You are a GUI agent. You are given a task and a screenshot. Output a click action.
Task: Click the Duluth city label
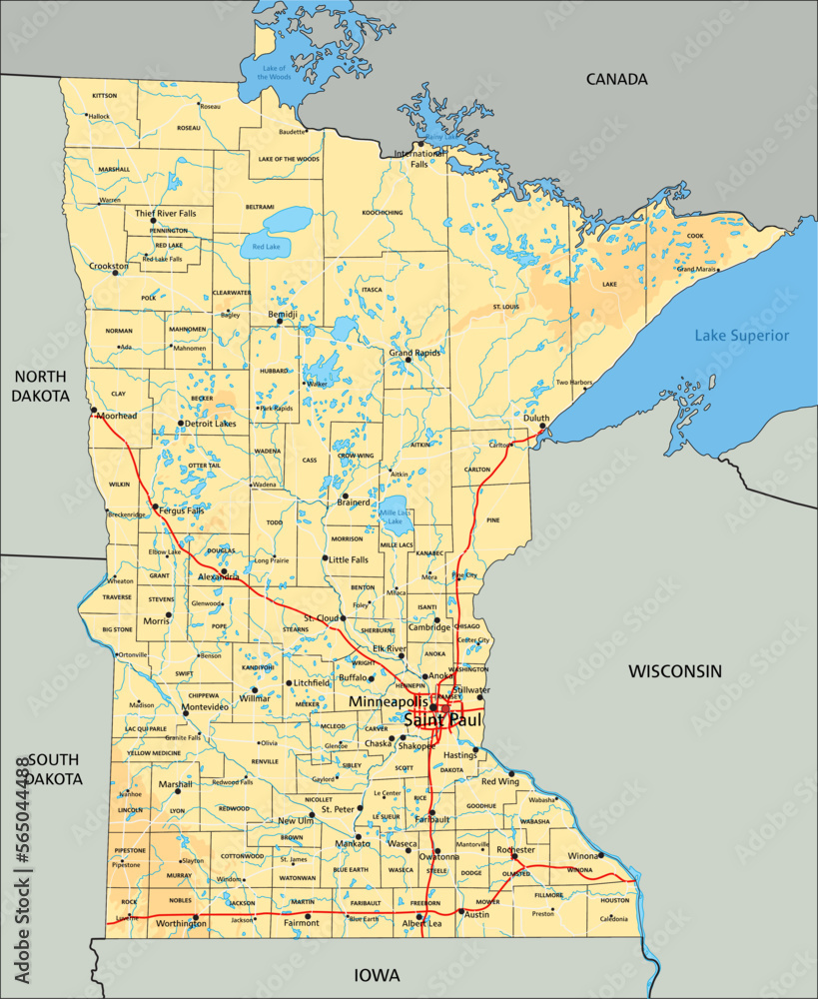(x=536, y=419)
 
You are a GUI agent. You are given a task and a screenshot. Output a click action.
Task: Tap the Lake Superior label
(x=742, y=336)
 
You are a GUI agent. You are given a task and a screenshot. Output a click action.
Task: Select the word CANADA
(x=616, y=79)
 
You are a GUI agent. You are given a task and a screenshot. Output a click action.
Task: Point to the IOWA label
(x=377, y=975)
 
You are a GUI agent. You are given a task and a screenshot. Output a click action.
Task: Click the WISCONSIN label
(x=674, y=671)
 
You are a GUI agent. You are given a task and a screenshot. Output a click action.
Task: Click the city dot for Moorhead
(x=93, y=409)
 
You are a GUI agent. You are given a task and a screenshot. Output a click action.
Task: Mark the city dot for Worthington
(x=196, y=916)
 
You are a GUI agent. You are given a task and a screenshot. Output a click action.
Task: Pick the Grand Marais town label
(x=697, y=269)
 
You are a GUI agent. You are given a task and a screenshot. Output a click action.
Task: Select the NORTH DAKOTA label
(x=40, y=385)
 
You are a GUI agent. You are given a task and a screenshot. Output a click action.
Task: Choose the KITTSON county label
(x=104, y=96)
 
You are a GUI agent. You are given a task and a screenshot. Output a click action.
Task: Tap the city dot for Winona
(x=600, y=855)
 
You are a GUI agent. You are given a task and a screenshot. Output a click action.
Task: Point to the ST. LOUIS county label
(x=505, y=306)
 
